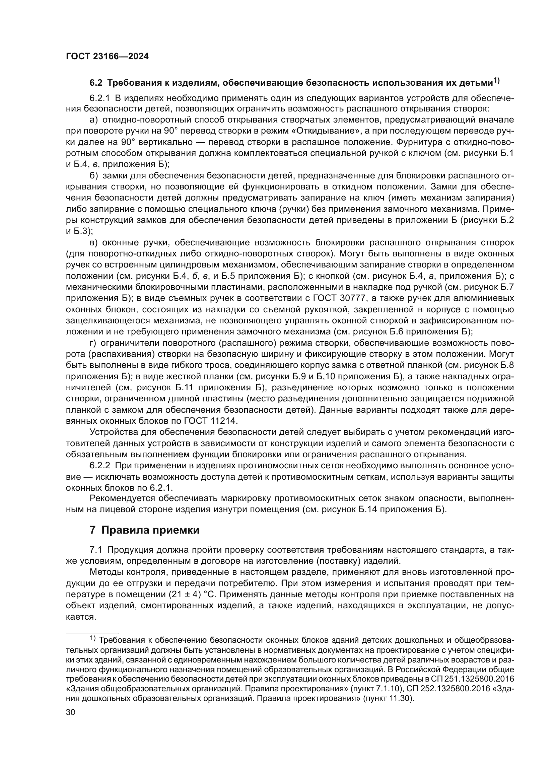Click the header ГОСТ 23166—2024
coord(107,57)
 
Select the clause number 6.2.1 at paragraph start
coord(99,98)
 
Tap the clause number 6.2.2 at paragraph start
coord(99,466)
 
